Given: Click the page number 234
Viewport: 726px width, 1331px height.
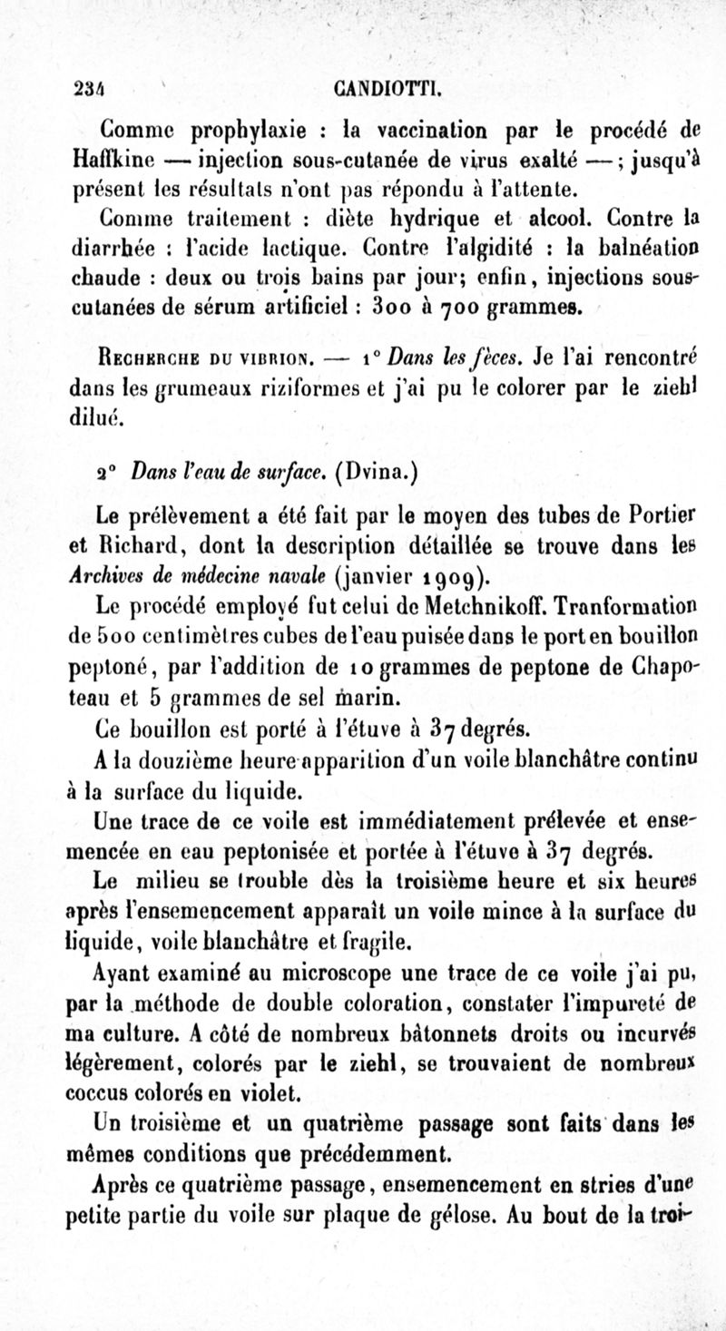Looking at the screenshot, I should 88,89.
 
